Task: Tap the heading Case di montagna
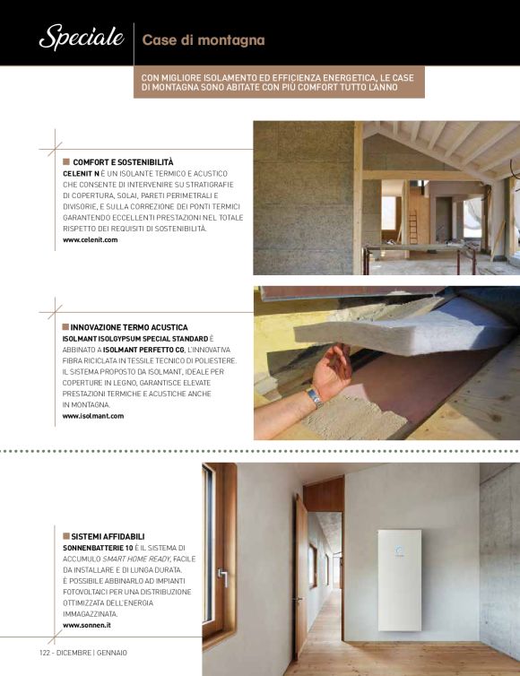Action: [204, 40]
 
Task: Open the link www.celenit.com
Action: [91, 239]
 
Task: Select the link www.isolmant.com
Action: [93, 416]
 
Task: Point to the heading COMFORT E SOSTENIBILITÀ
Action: [123, 161]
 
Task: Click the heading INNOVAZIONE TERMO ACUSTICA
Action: [117, 328]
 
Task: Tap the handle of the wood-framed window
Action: [221, 576]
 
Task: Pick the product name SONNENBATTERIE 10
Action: [99, 547]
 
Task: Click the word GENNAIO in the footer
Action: [111, 652]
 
